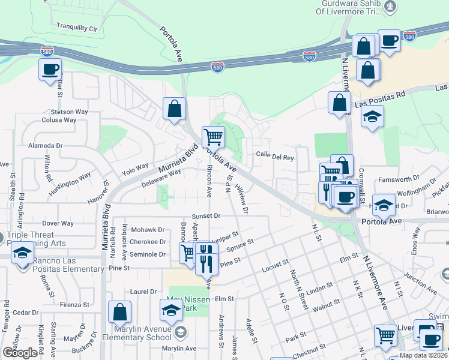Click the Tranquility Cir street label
(76, 28)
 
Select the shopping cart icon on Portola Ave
(213, 137)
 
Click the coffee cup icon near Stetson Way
(50, 68)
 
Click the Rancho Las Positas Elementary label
(59, 264)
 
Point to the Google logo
(20, 353)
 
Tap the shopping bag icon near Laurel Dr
(119, 312)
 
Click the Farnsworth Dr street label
(399, 179)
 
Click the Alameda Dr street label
(46, 146)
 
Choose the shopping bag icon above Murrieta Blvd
(174, 109)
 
